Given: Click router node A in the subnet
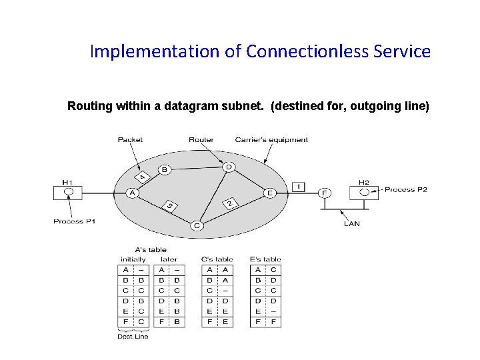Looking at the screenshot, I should coord(131,193).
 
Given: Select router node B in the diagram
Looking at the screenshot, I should coord(164,170).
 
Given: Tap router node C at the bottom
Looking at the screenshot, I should coord(197,226).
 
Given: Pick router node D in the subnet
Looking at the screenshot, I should coord(228,167).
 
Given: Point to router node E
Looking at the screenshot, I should coord(269,193).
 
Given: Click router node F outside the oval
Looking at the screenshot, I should coord(324,193).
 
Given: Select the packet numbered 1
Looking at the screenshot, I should coord(298,186).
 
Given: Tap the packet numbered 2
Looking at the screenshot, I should coord(231,202).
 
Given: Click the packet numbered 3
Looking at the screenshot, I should coord(171,206).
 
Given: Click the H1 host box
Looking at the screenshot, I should coord(67,192).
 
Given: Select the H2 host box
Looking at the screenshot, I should coord(363,192).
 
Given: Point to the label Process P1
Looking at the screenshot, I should coord(75,221).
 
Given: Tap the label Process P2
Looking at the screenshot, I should coord(406,189).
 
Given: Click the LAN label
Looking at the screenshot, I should coord(352,223).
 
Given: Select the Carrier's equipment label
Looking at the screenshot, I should coord(271,140).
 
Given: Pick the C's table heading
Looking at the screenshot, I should coord(217,259).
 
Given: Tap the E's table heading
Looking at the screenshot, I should coord(265,259).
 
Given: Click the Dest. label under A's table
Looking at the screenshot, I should coord(125,336).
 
